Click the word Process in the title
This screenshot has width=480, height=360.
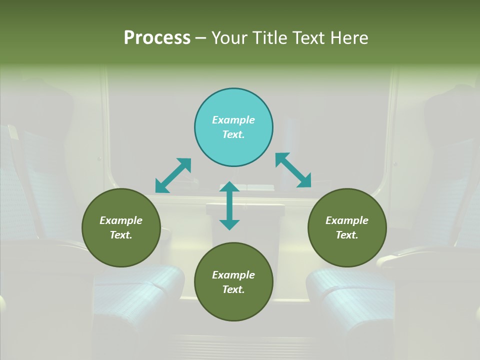click(x=157, y=38)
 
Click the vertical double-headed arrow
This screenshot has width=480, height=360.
click(x=229, y=205)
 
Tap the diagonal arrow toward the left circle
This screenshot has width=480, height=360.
click(x=173, y=175)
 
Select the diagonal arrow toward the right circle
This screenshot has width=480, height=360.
click(x=293, y=170)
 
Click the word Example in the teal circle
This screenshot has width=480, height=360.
click(x=233, y=120)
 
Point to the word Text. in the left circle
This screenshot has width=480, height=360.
click(x=121, y=235)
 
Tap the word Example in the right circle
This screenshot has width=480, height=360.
click(x=347, y=220)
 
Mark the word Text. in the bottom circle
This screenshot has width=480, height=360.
click(x=233, y=289)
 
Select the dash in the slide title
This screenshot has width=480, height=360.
click(x=201, y=38)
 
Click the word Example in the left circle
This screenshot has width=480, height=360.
click(x=121, y=220)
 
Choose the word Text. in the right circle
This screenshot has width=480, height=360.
click(x=347, y=235)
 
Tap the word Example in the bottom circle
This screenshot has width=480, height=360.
click(x=233, y=275)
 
